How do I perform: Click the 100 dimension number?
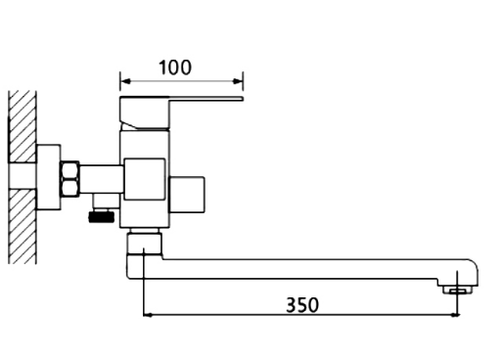(x=175, y=67)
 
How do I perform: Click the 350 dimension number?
(x=301, y=305)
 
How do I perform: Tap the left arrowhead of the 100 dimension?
(x=125, y=81)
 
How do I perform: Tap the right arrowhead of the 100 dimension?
(x=238, y=81)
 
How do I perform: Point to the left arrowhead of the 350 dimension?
(x=148, y=315)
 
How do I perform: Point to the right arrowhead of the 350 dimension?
(x=453, y=315)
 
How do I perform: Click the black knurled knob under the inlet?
(x=102, y=217)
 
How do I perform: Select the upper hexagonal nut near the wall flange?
(x=69, y=170)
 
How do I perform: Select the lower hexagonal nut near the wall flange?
(x=69, y=188)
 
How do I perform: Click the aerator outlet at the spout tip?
(x=458, y=290)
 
